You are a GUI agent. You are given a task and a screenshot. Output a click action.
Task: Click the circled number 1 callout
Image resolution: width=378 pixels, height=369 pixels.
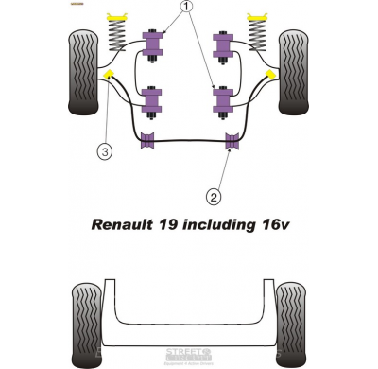tap(186, 9)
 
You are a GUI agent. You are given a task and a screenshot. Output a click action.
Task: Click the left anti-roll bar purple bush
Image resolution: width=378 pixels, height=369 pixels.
tap(146, 143)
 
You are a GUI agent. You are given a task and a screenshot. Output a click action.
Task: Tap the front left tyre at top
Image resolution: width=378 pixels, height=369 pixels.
tap(83, 71)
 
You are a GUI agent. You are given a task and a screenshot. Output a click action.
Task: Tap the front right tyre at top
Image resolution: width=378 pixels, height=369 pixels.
tap(294, 71)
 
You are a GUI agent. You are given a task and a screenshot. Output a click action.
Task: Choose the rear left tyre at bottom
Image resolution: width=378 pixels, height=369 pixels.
tap(86, 314)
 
